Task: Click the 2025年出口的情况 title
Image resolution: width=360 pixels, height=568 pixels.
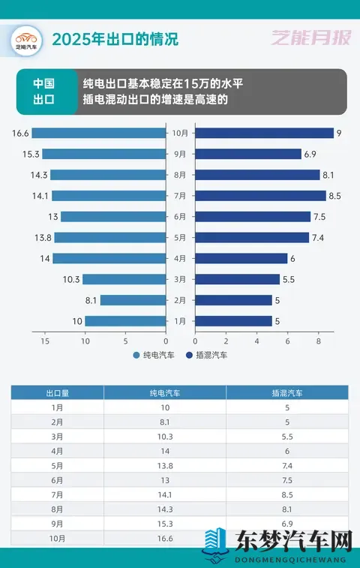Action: (x=115, y=37)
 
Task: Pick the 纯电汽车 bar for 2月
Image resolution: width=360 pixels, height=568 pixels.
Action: (x=133, y=300)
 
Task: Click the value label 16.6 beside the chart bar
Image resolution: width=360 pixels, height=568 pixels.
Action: (x=20, y=134)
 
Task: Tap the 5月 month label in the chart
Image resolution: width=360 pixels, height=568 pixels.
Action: (x=180, y=238)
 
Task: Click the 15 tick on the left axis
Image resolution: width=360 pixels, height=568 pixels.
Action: (x=46, y=341)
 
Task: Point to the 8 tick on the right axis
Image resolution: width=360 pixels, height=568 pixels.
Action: (x=318, y=341)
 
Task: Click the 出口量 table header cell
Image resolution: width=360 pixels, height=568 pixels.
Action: (x=58, y=392)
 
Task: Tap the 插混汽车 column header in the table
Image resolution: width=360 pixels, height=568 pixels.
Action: (x=286, y=392)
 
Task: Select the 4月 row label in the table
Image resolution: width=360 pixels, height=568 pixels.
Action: (x=58, y=451)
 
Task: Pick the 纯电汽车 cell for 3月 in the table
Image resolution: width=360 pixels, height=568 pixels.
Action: (x=164, y=436)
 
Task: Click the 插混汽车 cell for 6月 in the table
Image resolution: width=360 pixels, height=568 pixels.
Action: (x=286, y=480)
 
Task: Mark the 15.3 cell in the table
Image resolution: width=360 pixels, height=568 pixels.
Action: (x=164, y=524)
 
